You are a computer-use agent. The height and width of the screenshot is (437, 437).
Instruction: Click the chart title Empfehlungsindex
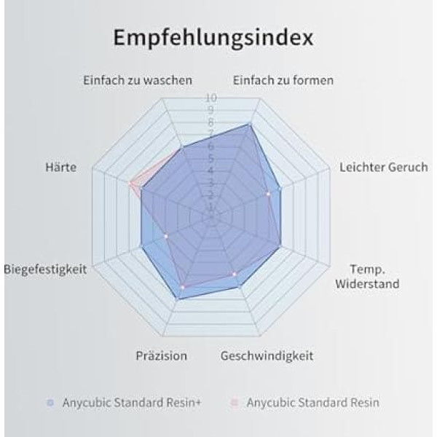click(x=213, y=37)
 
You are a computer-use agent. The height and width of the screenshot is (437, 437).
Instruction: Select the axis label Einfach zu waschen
click(x=137, y=80)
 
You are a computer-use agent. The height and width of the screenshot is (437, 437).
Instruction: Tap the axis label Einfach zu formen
click(x=283, y=80)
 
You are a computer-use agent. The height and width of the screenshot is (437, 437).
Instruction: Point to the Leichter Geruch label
click(x=383, y=168)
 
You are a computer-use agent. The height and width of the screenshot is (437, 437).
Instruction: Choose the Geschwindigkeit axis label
click(x=267, y=356)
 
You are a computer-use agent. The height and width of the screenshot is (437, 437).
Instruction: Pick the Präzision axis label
click(x=161, y=356)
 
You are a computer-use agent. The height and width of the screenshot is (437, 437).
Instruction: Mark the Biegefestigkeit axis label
click(x=45, y=269)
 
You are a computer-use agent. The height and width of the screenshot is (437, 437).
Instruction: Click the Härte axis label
click(x=60, y=168)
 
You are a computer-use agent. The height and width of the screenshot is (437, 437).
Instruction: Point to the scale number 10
click(x=210, y=98)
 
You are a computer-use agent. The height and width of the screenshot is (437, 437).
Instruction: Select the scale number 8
click(x=210, y=122)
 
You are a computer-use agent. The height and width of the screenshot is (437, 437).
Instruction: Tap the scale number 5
click(x=210, y=158)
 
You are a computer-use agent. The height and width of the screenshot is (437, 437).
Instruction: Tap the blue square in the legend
click(x=50, y=402)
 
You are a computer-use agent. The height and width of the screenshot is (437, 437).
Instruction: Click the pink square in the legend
click(x=235, y=402)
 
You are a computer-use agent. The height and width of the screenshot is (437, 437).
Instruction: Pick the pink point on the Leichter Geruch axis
click(x=268, y=194)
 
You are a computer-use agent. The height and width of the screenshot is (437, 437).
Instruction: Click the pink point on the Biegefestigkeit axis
click(x=166, y=236)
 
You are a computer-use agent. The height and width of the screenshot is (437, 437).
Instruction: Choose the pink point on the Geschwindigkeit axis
click(x=234, y=274)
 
